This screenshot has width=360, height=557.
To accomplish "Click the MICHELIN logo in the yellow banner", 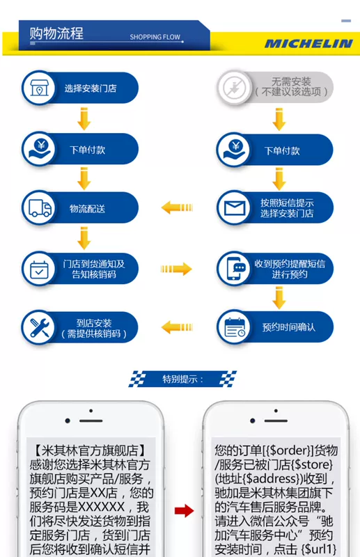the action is [308, 43].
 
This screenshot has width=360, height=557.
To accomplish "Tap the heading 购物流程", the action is [56, 33].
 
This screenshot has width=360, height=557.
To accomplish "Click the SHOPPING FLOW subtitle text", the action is [155, 37].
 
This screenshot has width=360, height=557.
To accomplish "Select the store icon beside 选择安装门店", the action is [39, 88].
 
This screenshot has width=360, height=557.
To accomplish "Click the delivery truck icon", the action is [40, 207].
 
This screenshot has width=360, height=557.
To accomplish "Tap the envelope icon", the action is [235, 208].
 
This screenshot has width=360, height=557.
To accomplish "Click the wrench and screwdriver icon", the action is [40, 327].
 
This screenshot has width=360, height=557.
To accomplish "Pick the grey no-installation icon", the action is [234, 88].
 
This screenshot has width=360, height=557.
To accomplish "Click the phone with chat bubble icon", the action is [235, 268].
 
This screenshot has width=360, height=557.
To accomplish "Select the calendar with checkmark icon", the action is [39, 269].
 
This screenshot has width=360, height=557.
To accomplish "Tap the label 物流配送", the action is [88, 208].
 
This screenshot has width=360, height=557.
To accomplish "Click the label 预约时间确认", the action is [288, 327].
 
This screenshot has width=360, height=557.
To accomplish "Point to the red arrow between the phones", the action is [184, 511].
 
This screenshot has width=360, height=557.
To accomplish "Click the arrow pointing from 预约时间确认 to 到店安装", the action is [177, 327].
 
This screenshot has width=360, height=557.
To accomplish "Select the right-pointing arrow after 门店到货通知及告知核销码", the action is [176, 269].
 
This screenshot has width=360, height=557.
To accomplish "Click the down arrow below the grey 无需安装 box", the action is [279, 119].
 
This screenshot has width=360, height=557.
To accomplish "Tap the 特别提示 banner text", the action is [182, 379].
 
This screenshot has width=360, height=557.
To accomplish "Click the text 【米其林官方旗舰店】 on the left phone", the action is [90, 450].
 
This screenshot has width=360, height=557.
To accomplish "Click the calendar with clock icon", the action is [235, 327].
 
